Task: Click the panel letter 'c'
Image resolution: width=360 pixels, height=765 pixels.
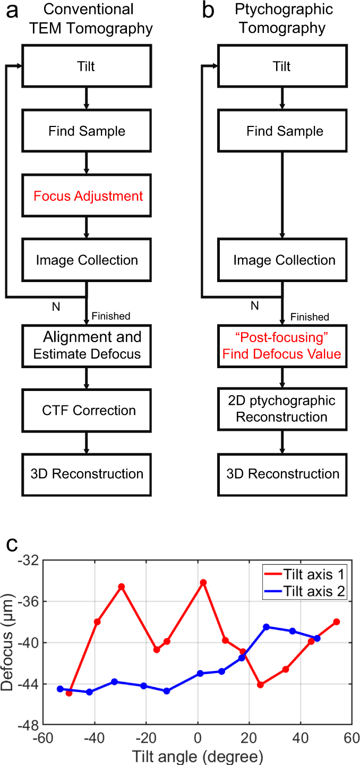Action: pyautogui.click(x=12, y=546)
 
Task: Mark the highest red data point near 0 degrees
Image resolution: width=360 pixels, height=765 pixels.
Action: pyautogui.click(x=203, y=582)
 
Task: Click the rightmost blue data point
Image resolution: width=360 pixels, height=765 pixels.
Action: pyautogui.click(x=317, y=638)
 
